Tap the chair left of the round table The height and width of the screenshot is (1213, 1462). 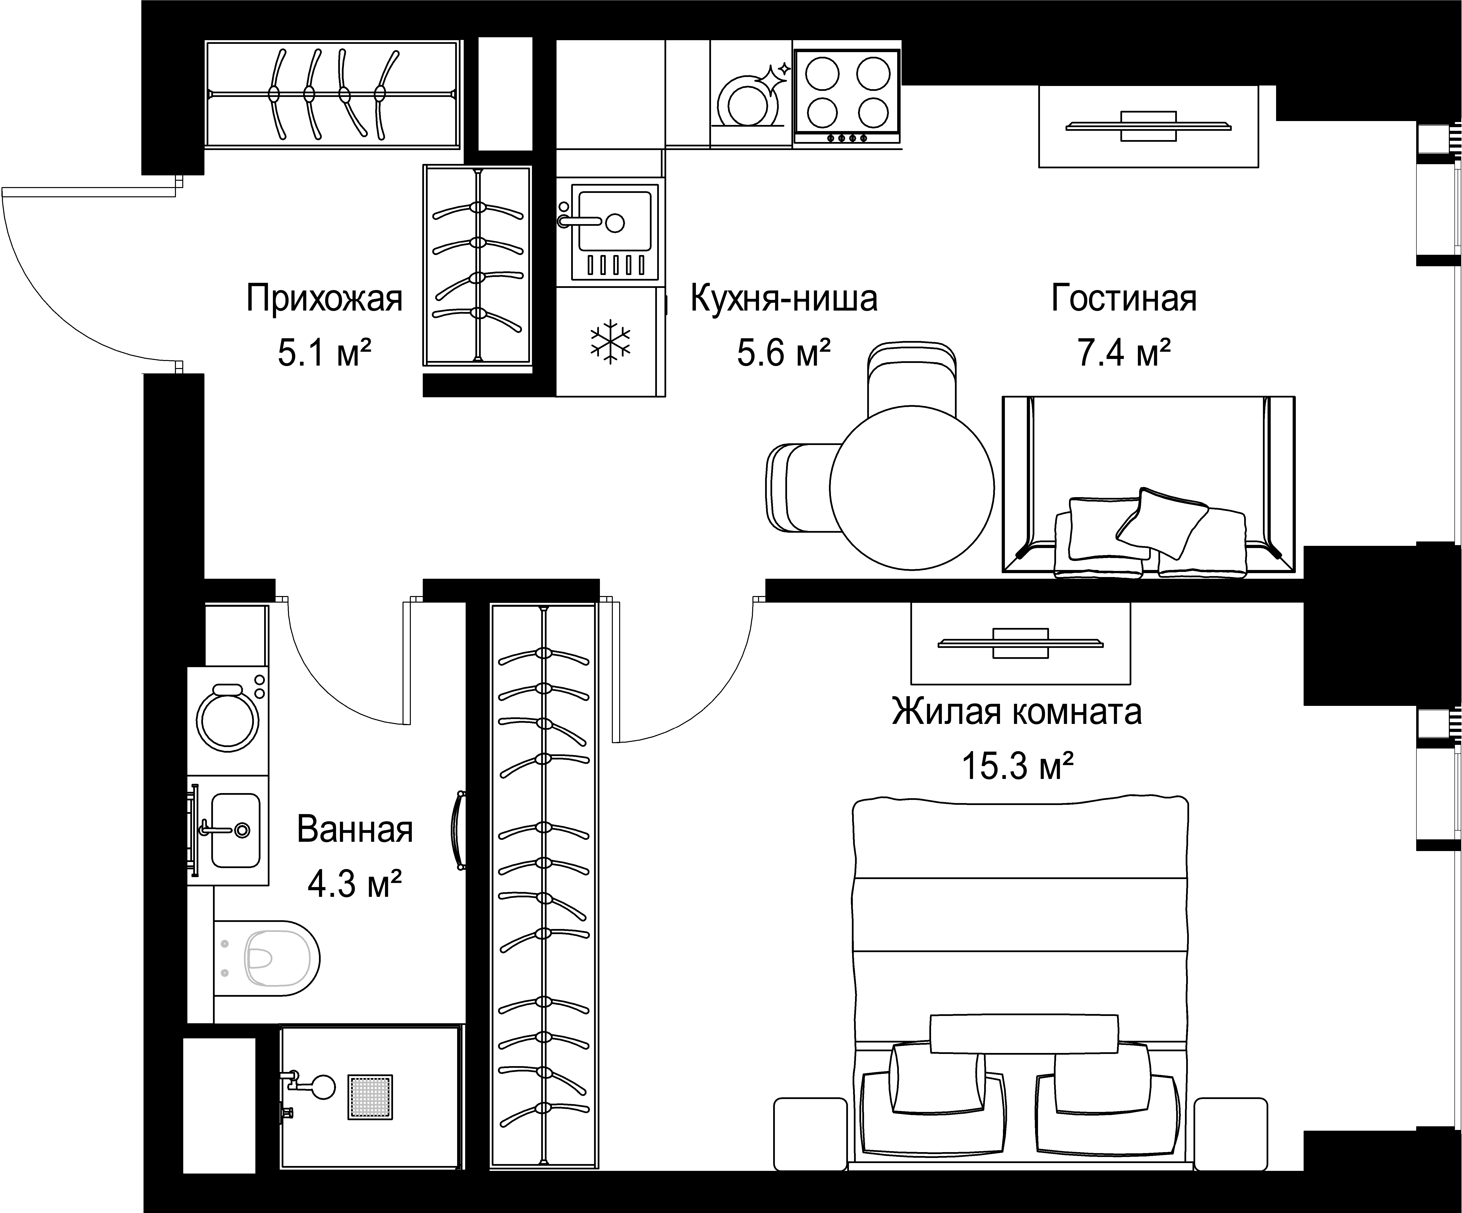click(x=801, y=487)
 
